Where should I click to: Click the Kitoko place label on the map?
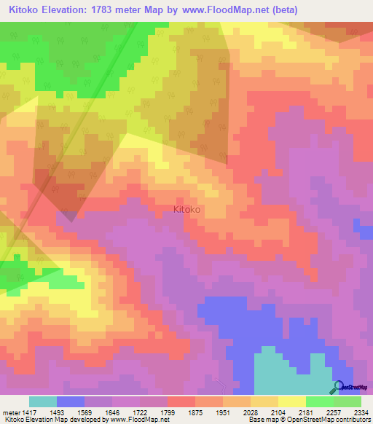click(187, 209)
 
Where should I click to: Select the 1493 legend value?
click(57, 412)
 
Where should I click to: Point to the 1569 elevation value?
click(85, 412)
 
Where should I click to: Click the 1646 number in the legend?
click(112, 412)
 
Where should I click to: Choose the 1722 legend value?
click(140, 412)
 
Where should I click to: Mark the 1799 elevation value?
click(168, 412)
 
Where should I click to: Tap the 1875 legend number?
click(195, 412)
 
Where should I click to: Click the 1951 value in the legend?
click(223, 412)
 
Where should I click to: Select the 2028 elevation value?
click(251, 412)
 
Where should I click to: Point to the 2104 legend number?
click(278, 412)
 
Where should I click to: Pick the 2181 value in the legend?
click(306, 412)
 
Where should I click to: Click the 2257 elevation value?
click(334, 412)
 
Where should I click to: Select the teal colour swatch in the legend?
click(43, 401)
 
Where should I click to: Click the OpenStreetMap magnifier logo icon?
click(337, 386)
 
